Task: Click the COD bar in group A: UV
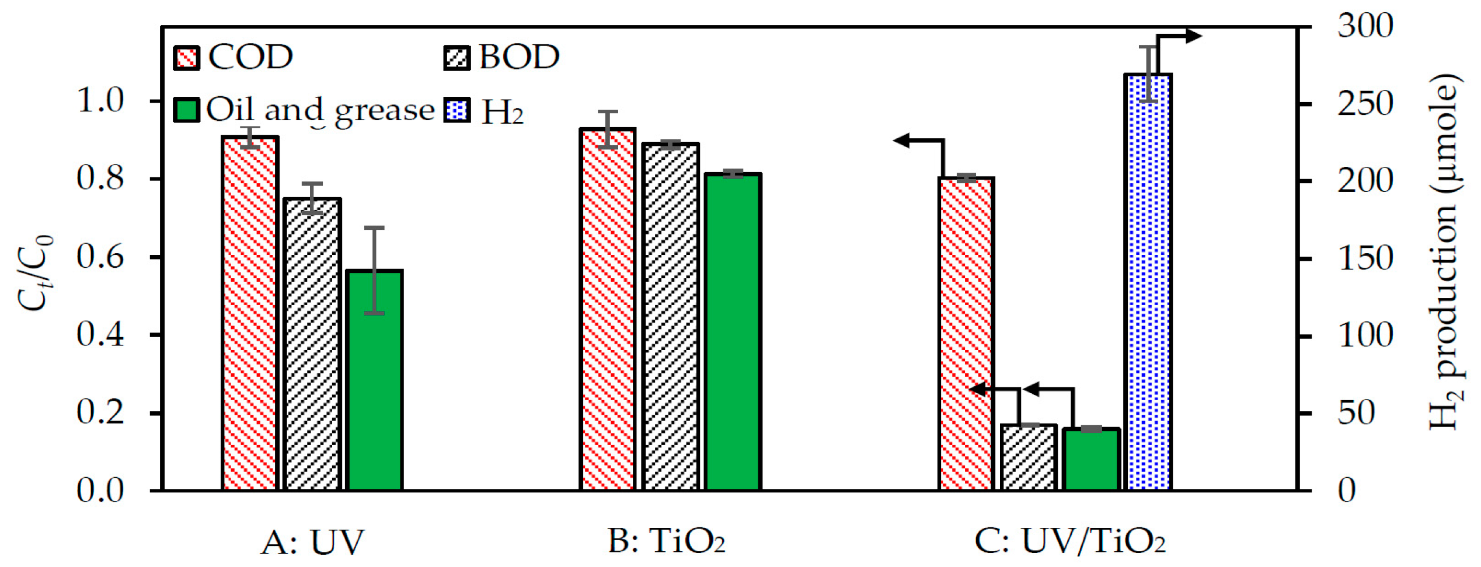(250, 315)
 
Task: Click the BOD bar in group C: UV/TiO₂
(1029, 458)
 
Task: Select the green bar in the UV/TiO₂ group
(1091, 460)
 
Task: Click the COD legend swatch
(187, 58)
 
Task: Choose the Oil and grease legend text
(320, 110)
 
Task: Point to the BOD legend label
(519, 57)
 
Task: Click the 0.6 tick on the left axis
(100, 257)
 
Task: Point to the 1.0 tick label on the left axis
(100, 101)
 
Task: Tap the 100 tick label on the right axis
(1365, 336)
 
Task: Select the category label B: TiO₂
(666, 541)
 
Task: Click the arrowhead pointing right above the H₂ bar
(1193, 36)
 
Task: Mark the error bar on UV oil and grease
(374, 270)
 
